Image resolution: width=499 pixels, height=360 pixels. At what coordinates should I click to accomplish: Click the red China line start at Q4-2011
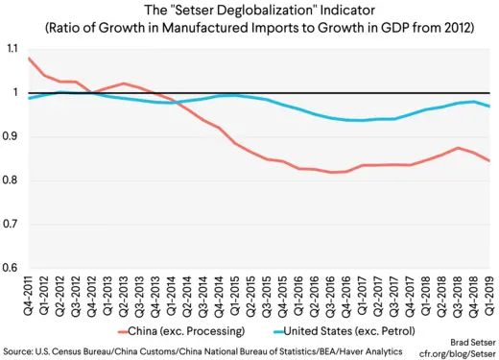[x=29, y=58]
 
